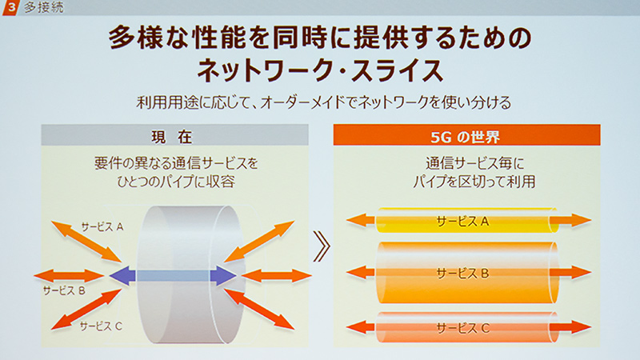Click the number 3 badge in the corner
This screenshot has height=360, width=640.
coord(10,7)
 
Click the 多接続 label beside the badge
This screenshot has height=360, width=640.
coord(44,7)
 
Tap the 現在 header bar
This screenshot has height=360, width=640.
coord(174,135)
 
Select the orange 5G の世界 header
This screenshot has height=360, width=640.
coord(466,135)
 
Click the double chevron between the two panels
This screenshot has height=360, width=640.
coord(322,246)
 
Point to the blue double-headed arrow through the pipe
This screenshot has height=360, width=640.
coord(173,275)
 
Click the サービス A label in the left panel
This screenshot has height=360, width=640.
coord(102,226)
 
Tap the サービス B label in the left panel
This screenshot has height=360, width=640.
coord(64,290)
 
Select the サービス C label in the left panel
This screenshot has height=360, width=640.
coord(101,326)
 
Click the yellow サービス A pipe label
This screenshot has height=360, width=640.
coord(462,222)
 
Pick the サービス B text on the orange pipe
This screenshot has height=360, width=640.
coord(462,273)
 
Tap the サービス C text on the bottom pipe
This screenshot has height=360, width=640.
coord(462,328)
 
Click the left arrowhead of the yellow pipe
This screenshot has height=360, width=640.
coord(356,221)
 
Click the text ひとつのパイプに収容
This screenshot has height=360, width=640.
coord(176,182)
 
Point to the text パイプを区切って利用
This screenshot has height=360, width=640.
coord(474,182)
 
